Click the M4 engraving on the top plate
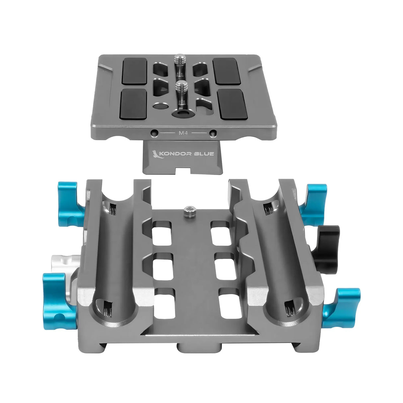[183, 133]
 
